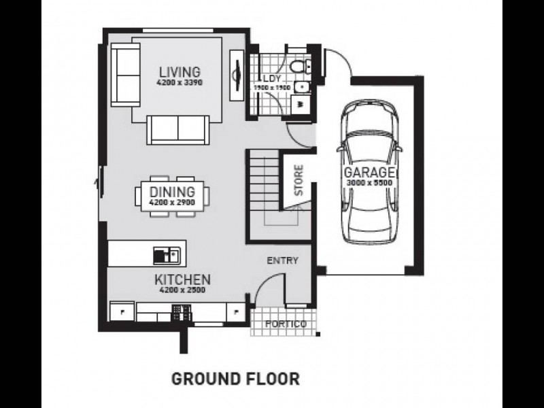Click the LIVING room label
[x=180, y=72]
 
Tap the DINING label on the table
[x=172, y=192]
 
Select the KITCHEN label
[x=182, y=279]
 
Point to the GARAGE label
[x=369, y=173]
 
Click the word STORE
[x=299, y=180]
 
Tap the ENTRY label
[x=282, y=260]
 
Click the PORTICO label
[x=286, y=324]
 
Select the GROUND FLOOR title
[x=235, y=379]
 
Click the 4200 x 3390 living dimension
[x=180, y=83]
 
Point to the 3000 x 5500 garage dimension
[x=369, y=182]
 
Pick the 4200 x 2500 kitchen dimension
[x=182, y=290]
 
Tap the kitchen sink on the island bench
[x=167, y=256]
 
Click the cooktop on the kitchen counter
[x=182, y=312]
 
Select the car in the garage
[x=369, y=173]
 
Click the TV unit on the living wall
[x=237, y=75]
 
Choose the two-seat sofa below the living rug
[x=178, y=130]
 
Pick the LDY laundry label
[x=271, y=78]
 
